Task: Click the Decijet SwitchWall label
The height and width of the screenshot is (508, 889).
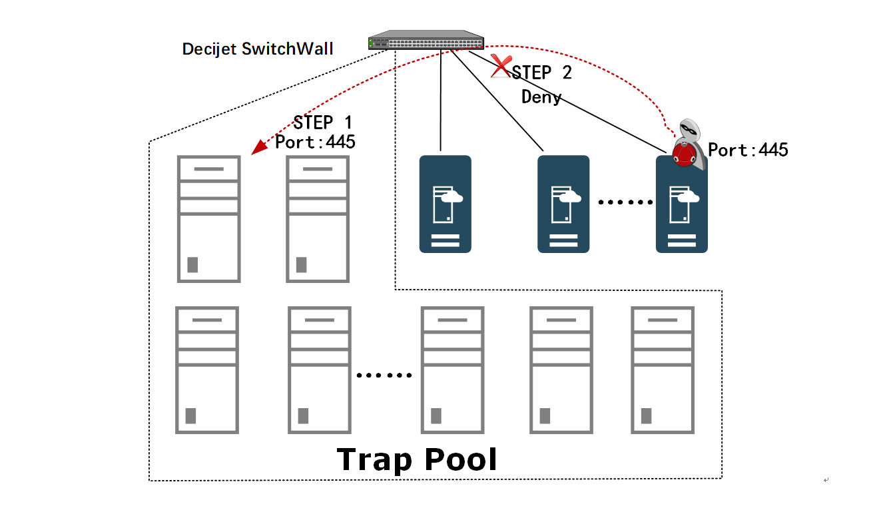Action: [x=258, y=49]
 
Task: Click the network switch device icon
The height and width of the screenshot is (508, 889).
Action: [x=427, y=41]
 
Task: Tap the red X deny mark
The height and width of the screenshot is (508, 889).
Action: [x=500, y=66]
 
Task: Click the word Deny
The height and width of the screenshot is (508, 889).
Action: [x=541, y=97]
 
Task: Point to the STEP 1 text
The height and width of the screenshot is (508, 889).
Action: [x=323, y=123]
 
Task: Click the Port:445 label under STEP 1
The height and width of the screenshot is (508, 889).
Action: [x=316, y=142]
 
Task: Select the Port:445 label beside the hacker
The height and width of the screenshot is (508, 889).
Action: [x=748, y=150]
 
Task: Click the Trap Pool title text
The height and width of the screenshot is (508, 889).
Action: [x=417, y=459]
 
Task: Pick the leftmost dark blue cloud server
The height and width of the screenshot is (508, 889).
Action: [x=445, y=204]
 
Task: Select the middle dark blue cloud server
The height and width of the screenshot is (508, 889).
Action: [x=563, y=204]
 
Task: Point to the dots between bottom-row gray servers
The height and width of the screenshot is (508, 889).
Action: [x=384, y=376]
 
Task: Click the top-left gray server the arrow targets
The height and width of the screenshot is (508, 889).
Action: [x=208, y=218]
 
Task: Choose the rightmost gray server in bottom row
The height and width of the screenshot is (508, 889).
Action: [x=663, y=370]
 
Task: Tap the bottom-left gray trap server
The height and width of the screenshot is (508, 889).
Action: [x=206, y=370]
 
